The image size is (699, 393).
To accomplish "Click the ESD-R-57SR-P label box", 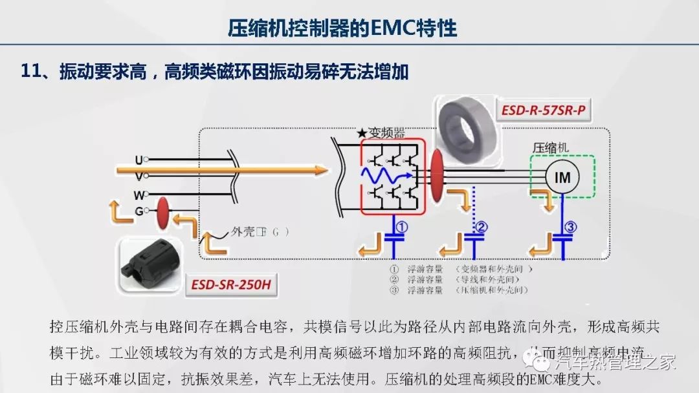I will point(544,111).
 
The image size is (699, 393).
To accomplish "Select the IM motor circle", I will point(562,176).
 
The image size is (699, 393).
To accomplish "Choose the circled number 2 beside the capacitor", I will point(482,227).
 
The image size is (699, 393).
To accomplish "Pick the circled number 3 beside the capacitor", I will point(570,227).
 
